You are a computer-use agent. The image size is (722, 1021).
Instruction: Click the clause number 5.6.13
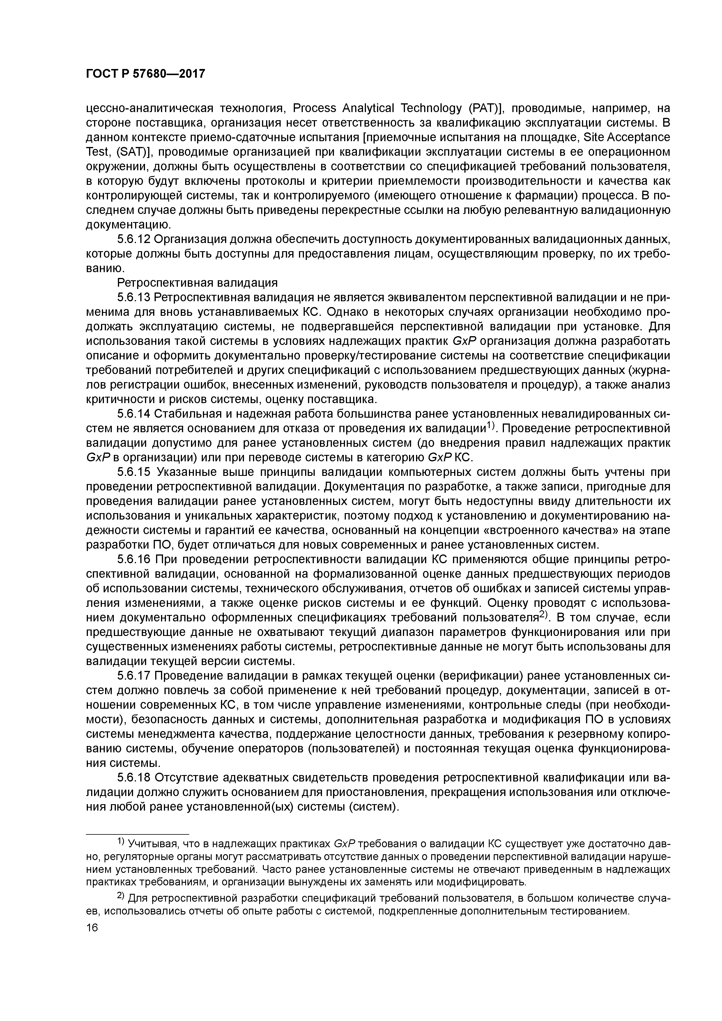(134, 297)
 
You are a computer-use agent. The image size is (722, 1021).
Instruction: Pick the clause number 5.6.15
(134, 472)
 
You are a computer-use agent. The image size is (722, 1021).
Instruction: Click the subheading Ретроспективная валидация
(197, 283)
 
